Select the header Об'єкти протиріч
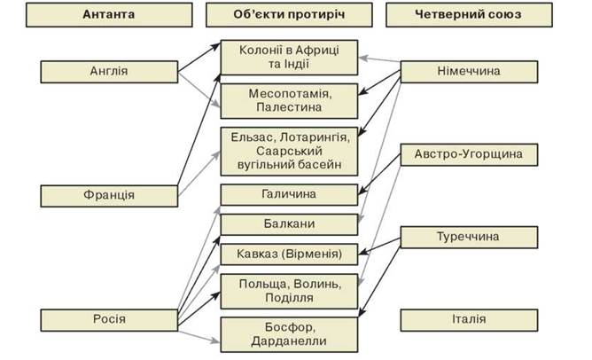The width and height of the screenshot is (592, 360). pos(289,15)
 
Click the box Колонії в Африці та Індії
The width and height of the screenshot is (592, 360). pos(289,59)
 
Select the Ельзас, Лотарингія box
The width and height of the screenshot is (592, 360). pos(289,150)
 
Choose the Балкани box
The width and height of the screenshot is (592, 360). pos(289,224)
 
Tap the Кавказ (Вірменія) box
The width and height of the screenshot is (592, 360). pos(289,254)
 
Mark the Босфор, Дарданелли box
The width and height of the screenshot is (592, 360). pos(289,333)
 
